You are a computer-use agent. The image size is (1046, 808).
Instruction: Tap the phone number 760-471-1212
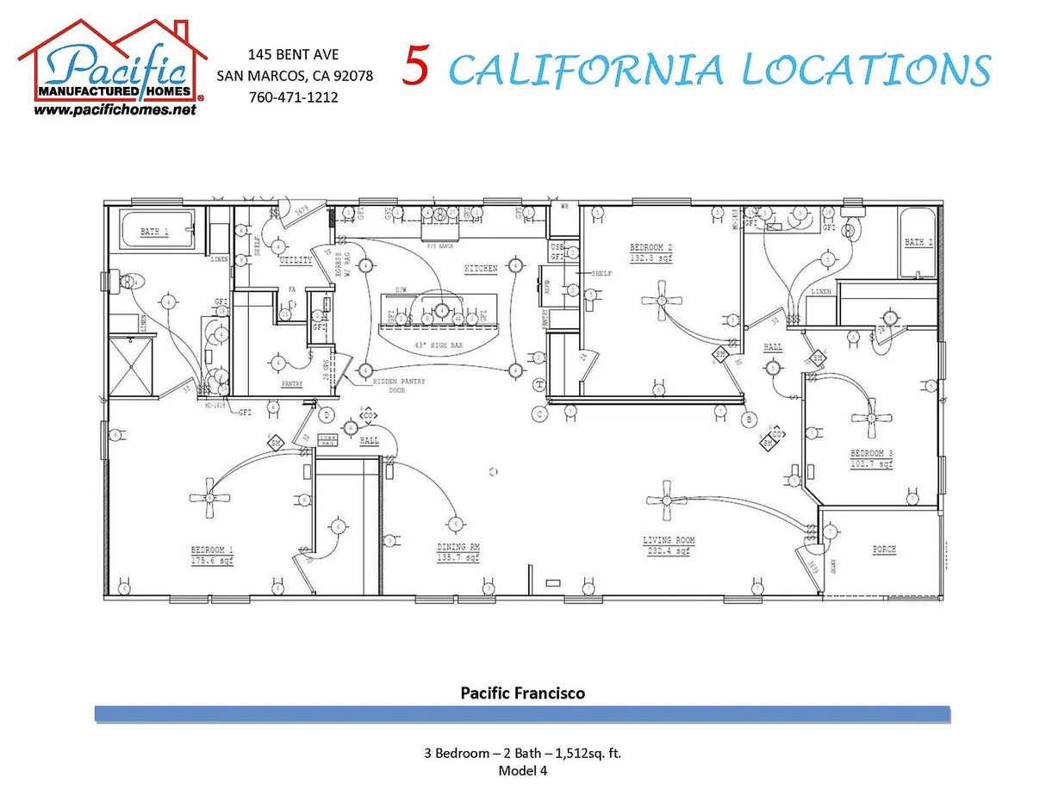click(x=293, y=97)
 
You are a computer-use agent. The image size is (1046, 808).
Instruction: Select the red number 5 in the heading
click(x=416, y=67)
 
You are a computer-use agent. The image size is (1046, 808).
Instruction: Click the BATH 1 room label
click(x=154, y=232)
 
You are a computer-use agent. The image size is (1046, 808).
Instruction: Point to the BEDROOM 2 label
click(x=651, y=247)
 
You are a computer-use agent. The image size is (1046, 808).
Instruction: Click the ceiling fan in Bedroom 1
click(x=209, y=497)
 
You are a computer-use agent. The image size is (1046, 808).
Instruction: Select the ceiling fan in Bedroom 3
click(x=871, y=419)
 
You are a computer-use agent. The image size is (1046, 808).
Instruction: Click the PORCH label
click(x=884, y=549)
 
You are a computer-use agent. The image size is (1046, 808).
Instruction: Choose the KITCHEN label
click(x=481, y=269)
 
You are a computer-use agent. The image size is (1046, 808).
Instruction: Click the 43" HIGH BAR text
click(x=439, y=345)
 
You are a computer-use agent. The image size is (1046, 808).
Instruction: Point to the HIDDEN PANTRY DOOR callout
click(x=398, y=385)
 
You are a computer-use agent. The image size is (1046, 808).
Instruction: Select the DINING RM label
click(x=458, y=547)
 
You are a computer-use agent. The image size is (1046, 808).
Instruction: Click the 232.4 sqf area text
click(x=669, y=550)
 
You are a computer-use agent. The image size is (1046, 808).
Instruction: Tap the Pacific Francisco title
click(x=522, y=693)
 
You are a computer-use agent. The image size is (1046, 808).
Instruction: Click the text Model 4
click(x=522, y=771)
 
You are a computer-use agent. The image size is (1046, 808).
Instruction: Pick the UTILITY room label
click(x=296, y=259)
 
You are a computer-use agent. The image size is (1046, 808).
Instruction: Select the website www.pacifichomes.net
click(x=115, y=111)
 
